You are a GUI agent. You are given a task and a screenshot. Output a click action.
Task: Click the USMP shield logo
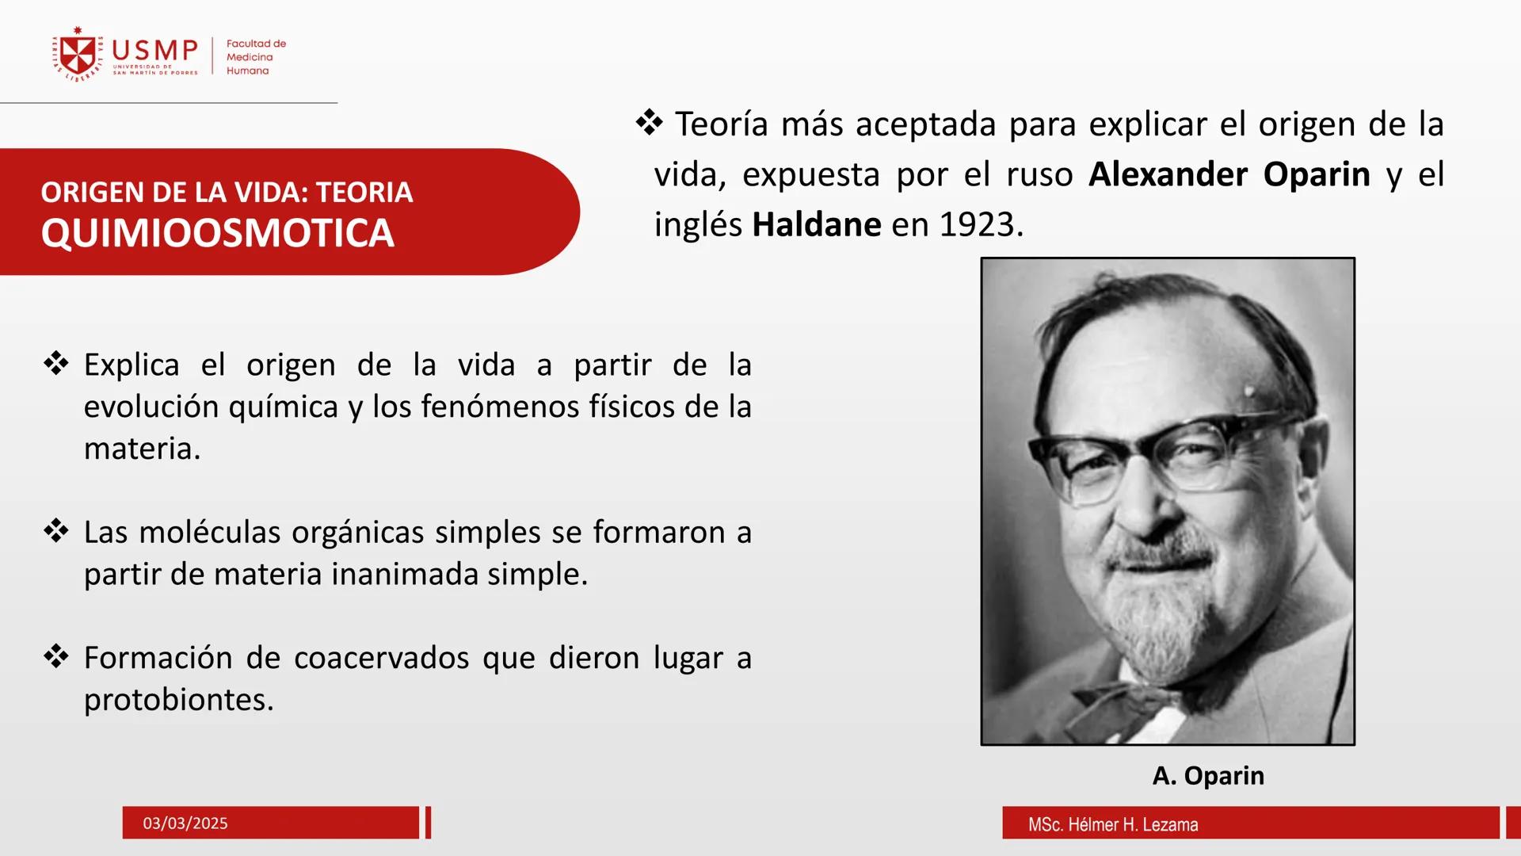(78, 55)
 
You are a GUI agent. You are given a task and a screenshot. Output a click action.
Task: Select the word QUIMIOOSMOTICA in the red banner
(217, 233)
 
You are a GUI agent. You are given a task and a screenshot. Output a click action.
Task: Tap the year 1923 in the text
(977, 225)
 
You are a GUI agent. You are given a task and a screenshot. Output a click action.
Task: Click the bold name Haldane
(816, 225)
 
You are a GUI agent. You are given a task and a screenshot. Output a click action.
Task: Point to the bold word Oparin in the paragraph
(1316, 174)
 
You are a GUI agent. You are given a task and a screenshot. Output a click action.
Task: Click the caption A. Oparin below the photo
(1207, 775)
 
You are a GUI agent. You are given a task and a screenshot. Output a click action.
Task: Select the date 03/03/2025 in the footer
(185, 824)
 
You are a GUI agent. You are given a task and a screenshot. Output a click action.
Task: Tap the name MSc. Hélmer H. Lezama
(1112, 824)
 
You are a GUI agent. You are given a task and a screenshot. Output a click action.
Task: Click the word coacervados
(383, 658)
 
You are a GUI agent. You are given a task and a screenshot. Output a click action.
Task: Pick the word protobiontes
(179, 700)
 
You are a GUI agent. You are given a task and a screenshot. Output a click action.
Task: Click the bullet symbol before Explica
(56, 364)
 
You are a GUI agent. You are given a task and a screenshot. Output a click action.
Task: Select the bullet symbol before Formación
(56, 656)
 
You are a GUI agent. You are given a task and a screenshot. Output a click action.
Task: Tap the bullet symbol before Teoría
(649, 123)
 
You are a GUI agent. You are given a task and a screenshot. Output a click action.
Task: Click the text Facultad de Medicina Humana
(255, 57)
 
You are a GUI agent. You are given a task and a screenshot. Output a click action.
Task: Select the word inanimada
(404, 574)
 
